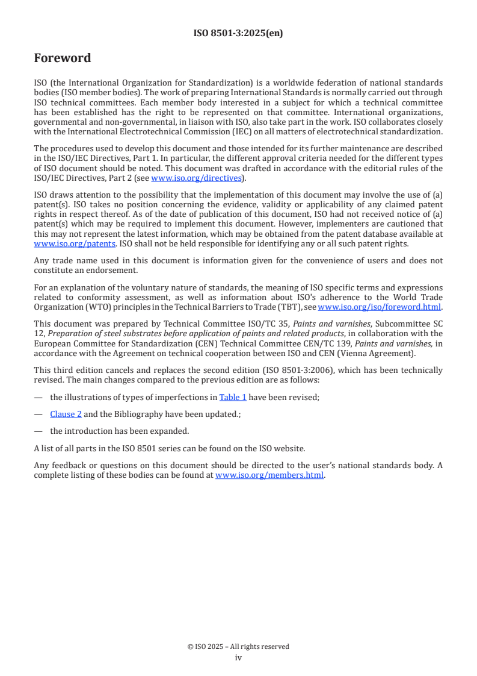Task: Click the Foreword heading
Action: point(63,58)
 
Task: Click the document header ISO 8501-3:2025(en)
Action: point(238,34)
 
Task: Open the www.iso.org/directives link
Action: point(196,178)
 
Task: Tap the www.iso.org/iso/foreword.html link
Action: point(380,307)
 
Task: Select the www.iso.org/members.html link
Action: point(269,475)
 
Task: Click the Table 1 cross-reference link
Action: point(233,398)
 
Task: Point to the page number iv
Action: point(238,657)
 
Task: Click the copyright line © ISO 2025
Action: point(238,646)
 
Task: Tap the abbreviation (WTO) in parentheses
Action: point(85,307)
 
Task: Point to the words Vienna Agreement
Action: point(381,353)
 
